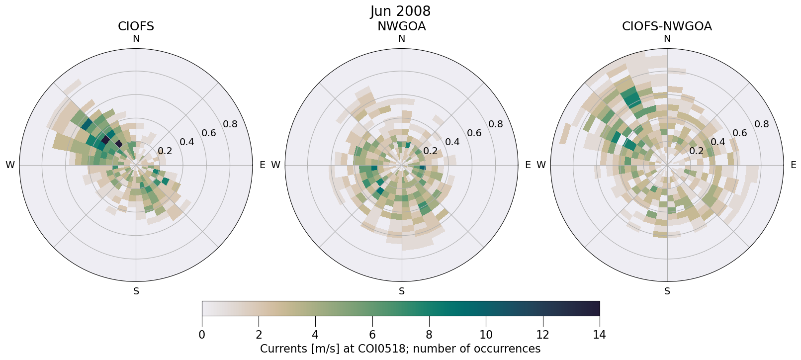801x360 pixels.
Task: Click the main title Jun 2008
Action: click(400, 11)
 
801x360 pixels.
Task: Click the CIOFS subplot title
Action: click(136, 26)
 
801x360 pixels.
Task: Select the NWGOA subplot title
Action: click(401, 26)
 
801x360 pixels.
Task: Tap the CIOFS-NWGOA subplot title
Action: click(667, 26)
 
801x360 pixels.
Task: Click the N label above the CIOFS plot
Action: click(136, 39)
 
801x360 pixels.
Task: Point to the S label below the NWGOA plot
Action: click(401, 291)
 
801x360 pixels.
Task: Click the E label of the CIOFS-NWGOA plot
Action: click(793, 165)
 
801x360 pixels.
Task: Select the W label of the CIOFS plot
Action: click(10, 165)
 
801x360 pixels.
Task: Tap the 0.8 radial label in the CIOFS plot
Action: click(230, 124)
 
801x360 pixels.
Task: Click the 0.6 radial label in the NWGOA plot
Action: click(474, 133)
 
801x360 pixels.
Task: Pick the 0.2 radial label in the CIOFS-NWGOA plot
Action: click(696, 151)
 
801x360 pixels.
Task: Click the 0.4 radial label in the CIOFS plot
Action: click(187, 142)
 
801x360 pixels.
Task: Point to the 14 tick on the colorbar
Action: click(599, 335)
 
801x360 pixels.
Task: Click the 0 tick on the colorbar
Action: click(202, 335)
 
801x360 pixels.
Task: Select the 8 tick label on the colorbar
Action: click(429, 335)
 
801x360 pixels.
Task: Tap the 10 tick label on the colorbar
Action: click(486, 335)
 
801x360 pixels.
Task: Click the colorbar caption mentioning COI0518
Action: click(400, 349)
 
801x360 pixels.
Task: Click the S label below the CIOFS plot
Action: click(136, 291)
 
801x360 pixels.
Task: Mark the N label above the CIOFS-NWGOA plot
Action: click(667, 39)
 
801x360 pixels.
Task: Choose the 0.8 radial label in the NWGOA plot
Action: click(496, 124)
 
